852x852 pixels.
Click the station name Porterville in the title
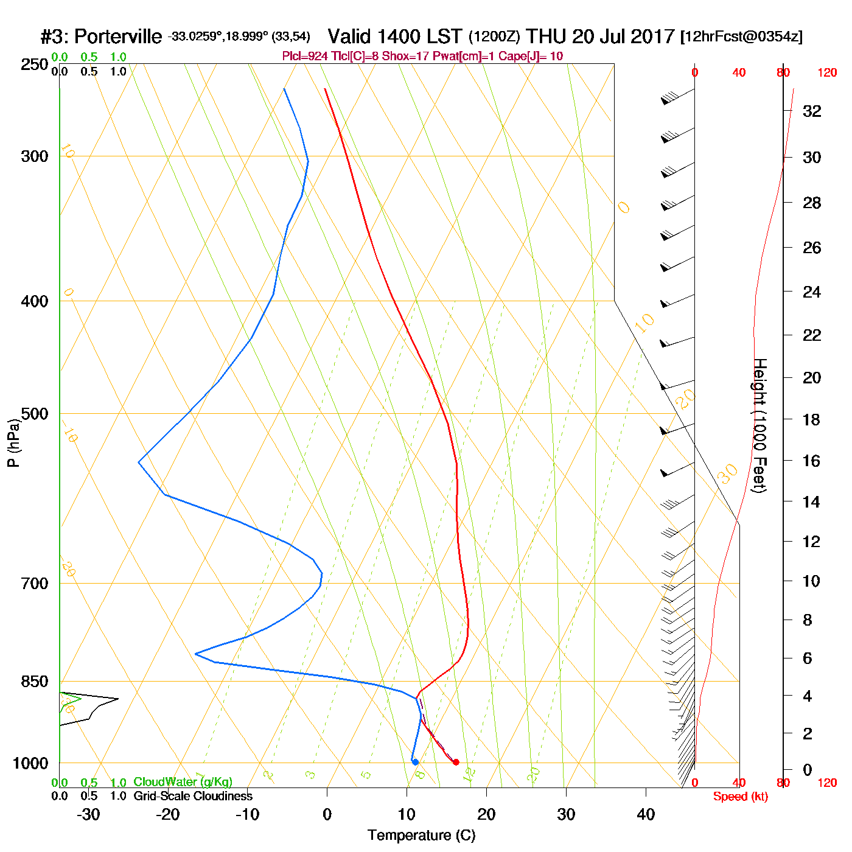tap(118, 37)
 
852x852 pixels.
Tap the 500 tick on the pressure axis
tap(35, 414)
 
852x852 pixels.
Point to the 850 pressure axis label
tap(35, 682)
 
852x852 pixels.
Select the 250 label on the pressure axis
tap(35, 65)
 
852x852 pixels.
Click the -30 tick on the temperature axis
tap(88, 814)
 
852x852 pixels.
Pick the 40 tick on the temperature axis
tap(646, 814)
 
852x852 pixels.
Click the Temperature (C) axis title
tap(421, 836)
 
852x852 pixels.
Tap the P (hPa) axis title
tap(13, 443)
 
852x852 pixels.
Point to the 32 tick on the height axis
tap(812, 111)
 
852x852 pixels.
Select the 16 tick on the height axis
tap(812, 461)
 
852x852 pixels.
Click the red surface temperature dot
tap(456, 762)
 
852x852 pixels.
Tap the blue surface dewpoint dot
tap(415, 762)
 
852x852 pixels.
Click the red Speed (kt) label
tap(740, 797)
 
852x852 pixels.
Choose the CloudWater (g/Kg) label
tap(183, 782)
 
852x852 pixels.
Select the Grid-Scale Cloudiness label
tap(193, 796)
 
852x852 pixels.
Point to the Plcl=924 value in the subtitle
tap(304, 57)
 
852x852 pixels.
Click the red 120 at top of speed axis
tap(827, 73)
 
